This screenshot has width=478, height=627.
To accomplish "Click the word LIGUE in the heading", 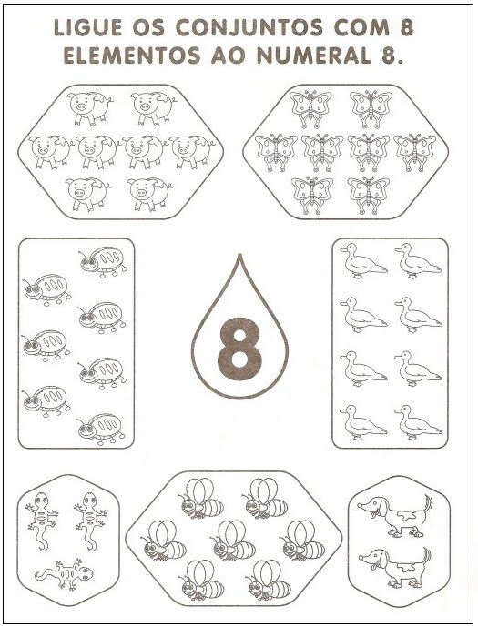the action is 88,28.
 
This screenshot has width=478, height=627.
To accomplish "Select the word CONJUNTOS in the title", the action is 249,28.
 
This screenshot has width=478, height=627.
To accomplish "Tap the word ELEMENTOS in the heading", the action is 132,56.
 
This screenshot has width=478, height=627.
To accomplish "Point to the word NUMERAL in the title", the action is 314,56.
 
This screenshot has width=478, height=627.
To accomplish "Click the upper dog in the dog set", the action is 395,516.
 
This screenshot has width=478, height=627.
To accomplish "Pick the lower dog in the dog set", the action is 395,568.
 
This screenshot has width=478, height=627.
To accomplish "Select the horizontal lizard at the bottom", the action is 64,574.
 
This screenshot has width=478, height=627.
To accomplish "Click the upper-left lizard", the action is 42,521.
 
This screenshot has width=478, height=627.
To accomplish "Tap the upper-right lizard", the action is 90,521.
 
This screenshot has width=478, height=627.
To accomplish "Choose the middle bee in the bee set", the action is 233,541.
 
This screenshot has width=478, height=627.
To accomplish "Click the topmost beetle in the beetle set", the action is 104,262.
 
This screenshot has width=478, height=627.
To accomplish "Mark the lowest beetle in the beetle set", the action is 102,429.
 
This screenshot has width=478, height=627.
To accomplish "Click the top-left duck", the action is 362,261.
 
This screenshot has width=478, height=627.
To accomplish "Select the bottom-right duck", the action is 418,422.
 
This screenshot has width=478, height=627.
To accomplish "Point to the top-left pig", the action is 89,108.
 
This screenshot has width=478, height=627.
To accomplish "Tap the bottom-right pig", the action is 149,194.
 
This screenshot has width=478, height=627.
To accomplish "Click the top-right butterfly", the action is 371,109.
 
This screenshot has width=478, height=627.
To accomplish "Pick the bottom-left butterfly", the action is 312,195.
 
